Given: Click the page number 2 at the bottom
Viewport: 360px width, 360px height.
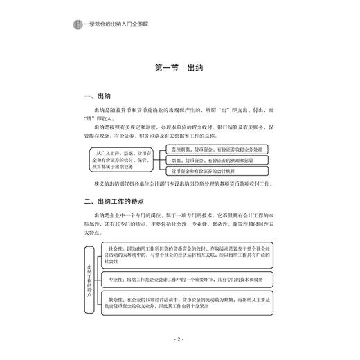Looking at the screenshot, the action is pos(179,340).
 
